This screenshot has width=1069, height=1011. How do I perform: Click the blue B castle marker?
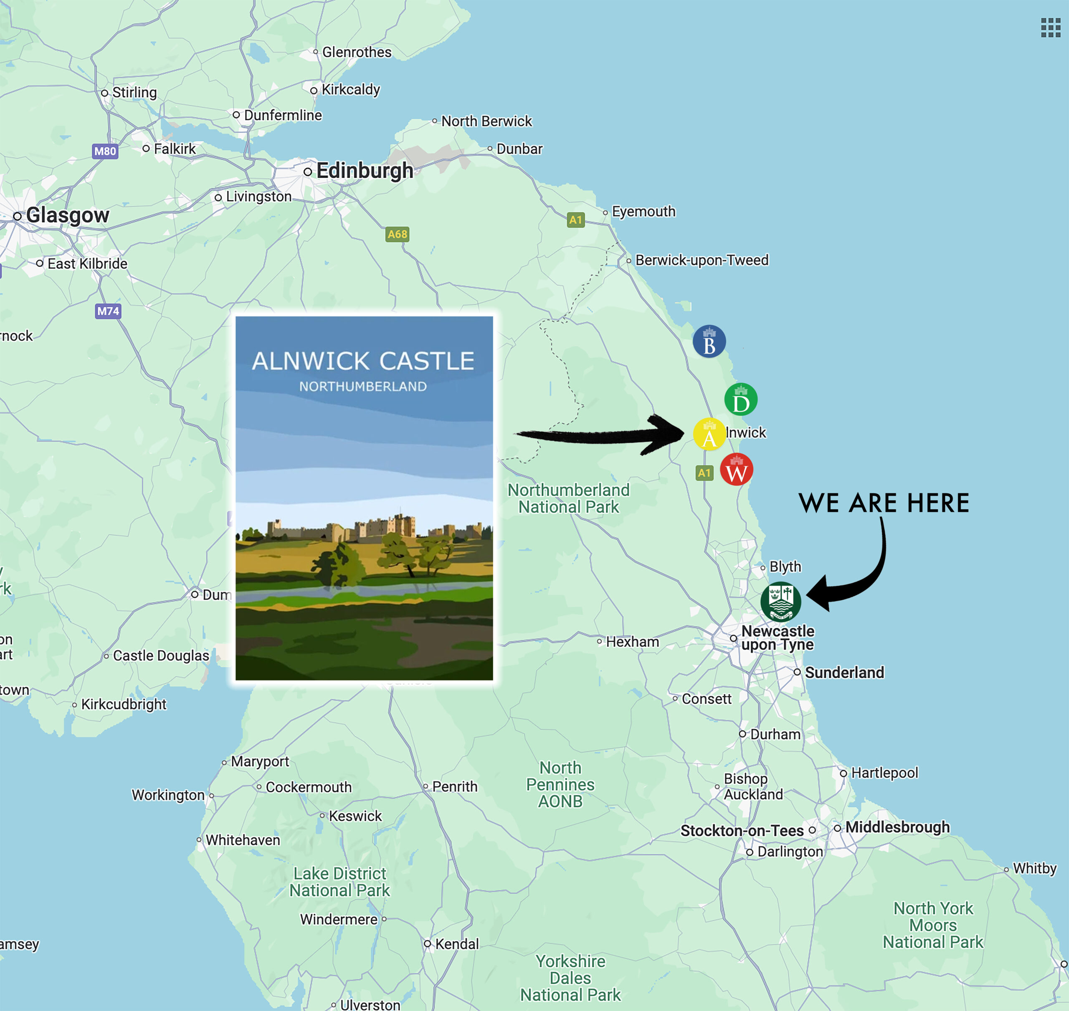[x=709, y=342]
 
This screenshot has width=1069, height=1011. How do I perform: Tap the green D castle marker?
[x=741, y=400]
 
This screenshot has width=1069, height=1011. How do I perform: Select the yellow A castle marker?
[x=709, y=435]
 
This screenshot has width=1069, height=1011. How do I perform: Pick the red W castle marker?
[x=736, y=470]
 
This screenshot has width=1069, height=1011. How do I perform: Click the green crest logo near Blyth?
[x=780, y=602]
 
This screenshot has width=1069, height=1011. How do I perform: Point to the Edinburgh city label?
[x=365, y=171]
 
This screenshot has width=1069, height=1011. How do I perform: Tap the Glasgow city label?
[x=67, y=215]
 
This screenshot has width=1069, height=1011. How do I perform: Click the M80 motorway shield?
[x=105, y=151]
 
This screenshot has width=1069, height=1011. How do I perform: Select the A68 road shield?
[x=397, y=234]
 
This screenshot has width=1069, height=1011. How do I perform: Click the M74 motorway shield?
[x=108, y=311]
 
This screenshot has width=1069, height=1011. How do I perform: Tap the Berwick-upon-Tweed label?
[x=702, y=260]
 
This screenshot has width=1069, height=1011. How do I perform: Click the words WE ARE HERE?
[x=884, y=503]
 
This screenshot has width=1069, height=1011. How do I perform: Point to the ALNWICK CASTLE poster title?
[x=363, y=361]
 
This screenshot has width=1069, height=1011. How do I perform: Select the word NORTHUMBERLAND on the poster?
[x=363, y=387]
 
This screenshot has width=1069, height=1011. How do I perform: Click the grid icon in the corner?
[x=1050, y=28]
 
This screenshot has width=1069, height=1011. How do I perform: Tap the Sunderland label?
[x=844, y=672]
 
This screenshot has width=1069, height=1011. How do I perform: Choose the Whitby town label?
[x=1034, y=868]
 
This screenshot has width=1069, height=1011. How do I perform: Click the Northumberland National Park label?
[x=568, y=498]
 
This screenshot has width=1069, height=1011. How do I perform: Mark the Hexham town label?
[x=632, y=642]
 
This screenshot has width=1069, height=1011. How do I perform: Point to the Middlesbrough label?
[x=897, y=827]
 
